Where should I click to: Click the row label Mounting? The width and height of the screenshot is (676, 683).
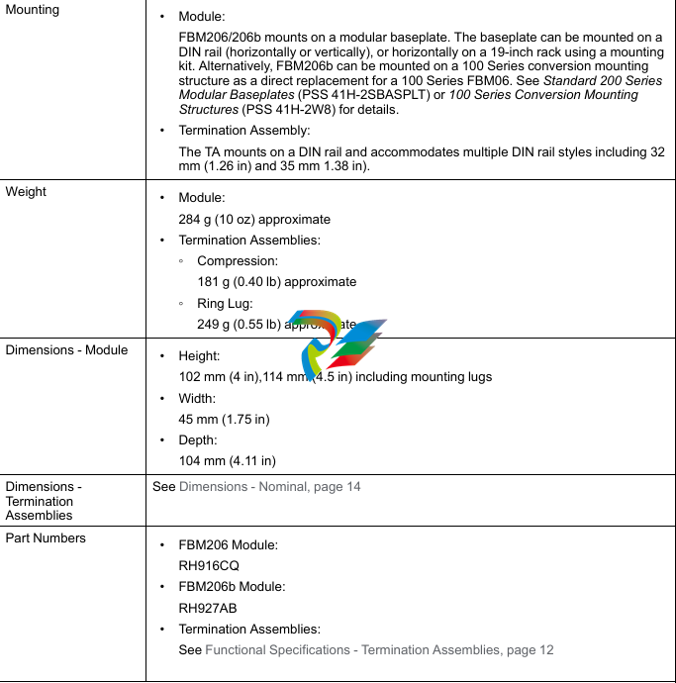33,10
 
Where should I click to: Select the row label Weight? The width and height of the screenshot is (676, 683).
26,191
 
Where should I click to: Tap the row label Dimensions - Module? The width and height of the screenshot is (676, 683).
66,349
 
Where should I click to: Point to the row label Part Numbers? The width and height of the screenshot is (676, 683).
46,537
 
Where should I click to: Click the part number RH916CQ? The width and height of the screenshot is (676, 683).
209,566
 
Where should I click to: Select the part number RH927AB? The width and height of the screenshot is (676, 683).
208,608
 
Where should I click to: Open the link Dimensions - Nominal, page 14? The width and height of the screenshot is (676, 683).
269,487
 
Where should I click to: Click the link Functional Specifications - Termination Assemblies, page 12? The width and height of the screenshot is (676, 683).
379,649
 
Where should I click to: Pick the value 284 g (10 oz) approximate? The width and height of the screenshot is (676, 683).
254,219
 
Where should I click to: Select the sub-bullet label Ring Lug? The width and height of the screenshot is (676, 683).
225,303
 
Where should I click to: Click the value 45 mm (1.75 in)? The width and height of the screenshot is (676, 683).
224,419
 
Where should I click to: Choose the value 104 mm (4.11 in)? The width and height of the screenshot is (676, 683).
227,460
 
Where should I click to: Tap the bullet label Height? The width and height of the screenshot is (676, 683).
199,355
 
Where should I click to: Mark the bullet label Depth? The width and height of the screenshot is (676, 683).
198,439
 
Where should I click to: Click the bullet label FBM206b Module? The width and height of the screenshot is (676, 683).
232,586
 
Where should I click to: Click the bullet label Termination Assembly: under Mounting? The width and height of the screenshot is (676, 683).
243,131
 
